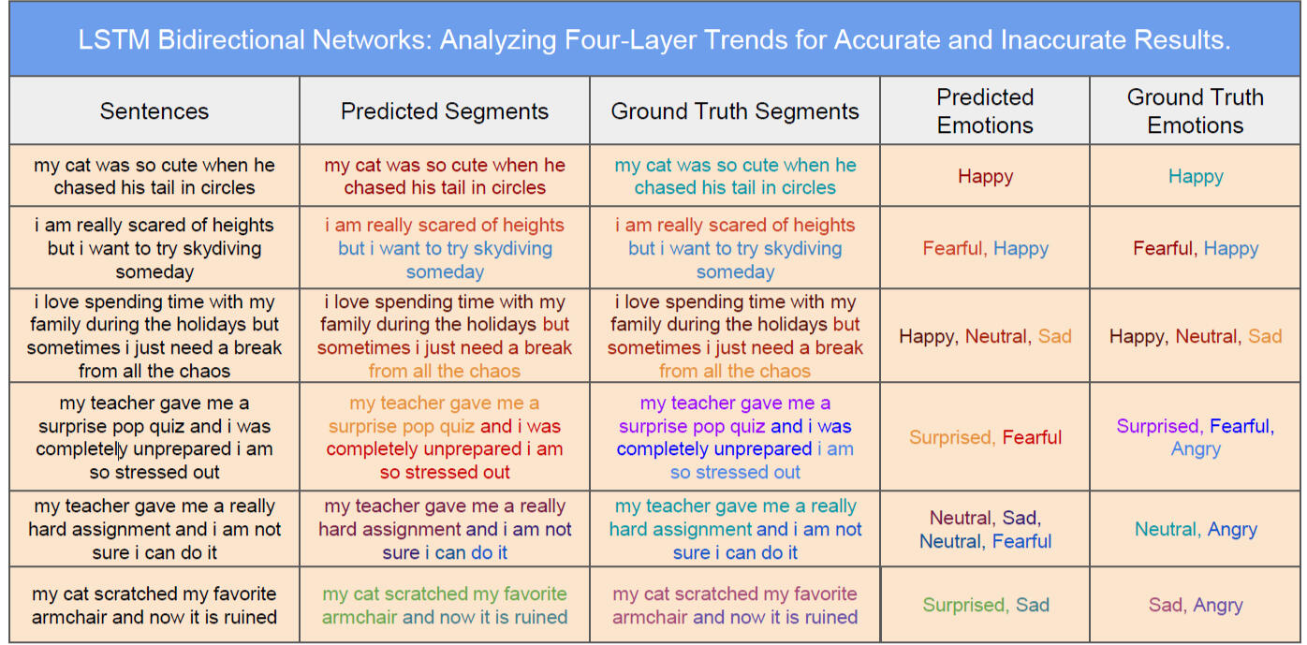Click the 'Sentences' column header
point(154,110)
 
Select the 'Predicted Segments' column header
point(445,110)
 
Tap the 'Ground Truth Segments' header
point(735,110)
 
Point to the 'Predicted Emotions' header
point(985,110)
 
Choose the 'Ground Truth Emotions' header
point(1195,110)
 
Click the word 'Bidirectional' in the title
point(231,39)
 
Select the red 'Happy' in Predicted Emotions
point(985,176)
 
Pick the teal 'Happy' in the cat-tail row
point(1196,176)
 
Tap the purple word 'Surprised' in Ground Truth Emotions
point(1157,426)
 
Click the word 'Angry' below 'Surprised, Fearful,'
point(1196,449)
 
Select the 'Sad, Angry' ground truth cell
point(1196,606)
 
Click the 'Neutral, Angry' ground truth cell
point(1196,530)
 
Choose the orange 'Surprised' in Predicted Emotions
point(950,437)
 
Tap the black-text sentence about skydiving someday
point(154,248)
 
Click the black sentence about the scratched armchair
point(154,606)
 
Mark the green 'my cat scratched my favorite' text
point(445,594)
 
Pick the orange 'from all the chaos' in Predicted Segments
point(445,371)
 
